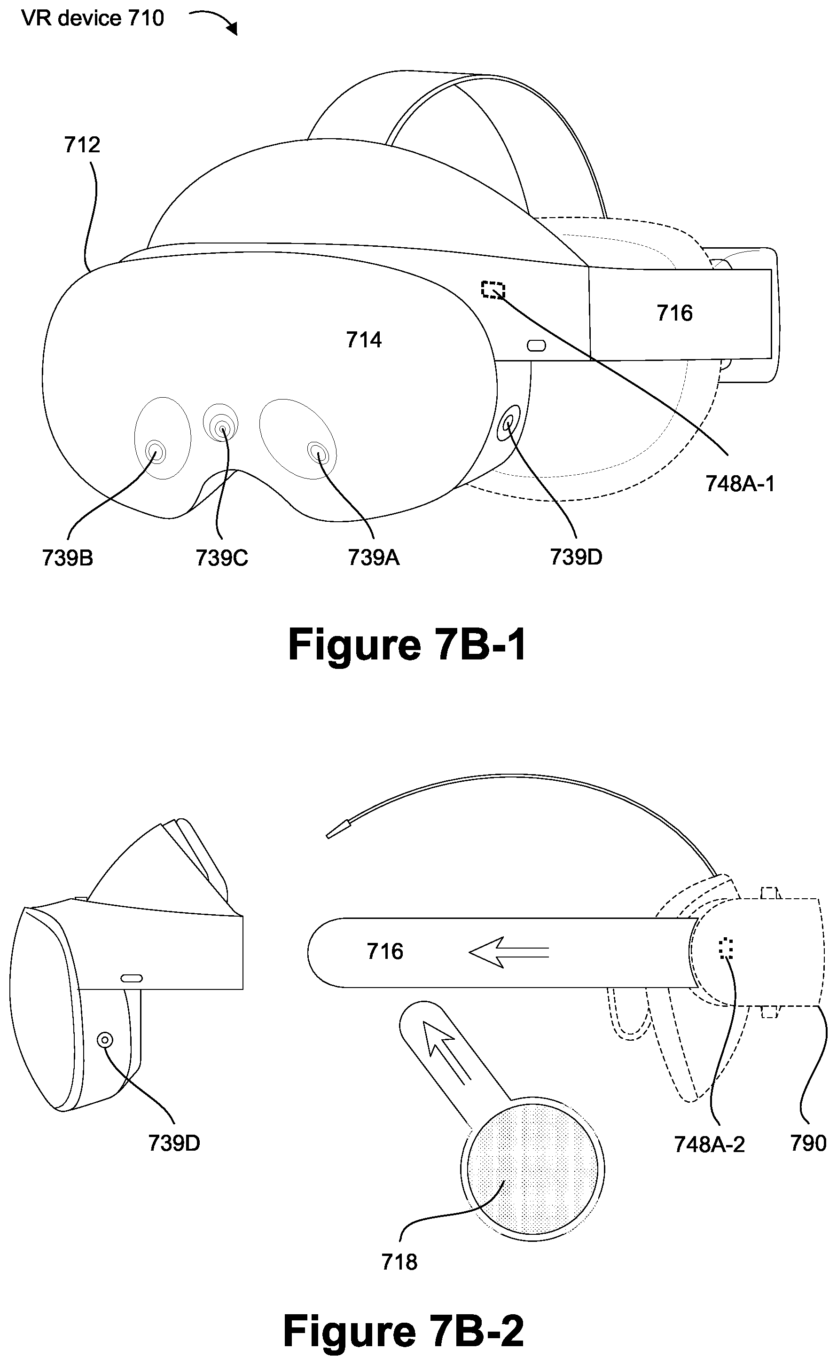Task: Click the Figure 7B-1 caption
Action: point(407,645)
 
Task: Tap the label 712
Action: point(82,145)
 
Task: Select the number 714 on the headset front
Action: point(364,339)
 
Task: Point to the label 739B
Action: point(68,558)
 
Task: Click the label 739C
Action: point(221,558)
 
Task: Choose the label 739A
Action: point(374,557)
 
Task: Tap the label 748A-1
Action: point(740,484)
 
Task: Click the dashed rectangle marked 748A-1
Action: point(493,290)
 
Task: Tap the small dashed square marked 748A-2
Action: point(726,949)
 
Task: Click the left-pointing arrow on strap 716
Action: point(508,952)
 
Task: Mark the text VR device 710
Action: point(93,18)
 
